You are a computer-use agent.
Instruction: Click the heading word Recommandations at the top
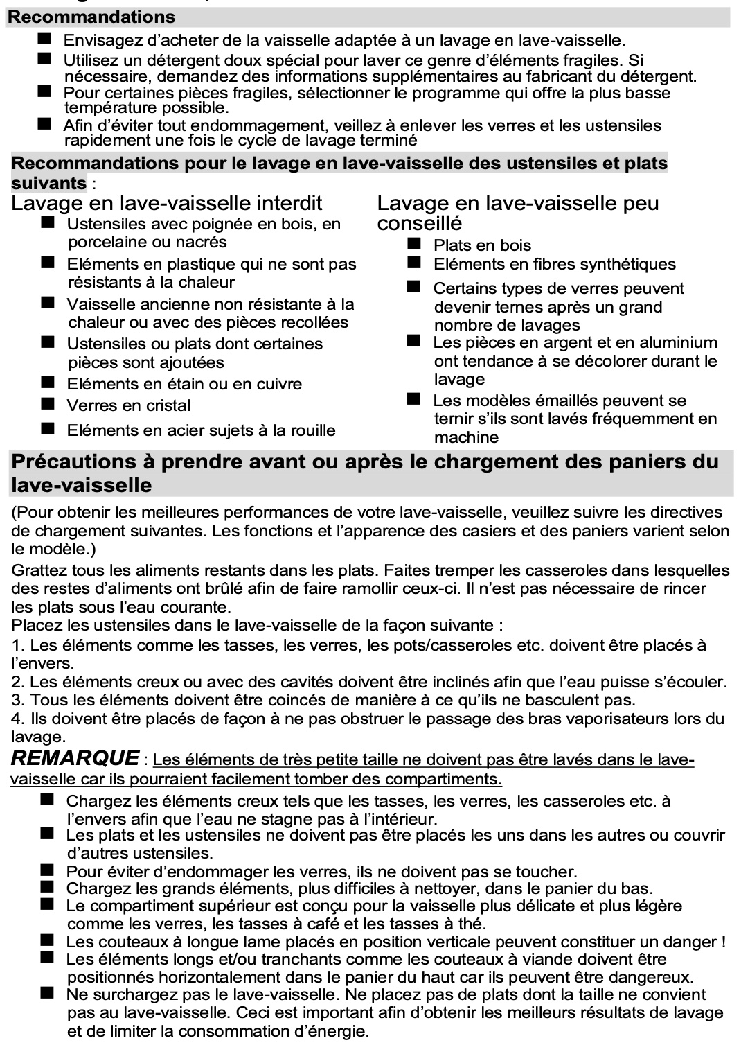pyautogui.click(x=91, y=17)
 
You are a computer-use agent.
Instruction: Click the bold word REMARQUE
pyautogui.click(x=75, y=758)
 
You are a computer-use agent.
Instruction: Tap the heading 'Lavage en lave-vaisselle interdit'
pyautogui.click(x=167, y=203)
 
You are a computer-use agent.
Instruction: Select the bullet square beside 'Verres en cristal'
pyautogui.click(x=47, y=403)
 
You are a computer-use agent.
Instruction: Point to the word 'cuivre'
pyautogui.click(x=278, y=384)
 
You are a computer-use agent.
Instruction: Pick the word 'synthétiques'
pyautogui.click(x=627, y=264)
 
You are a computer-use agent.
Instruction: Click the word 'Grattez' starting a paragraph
pyautogui.click(x=39, y=570)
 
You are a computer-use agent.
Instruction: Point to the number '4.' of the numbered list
pyautogui.click(x=19, y=719)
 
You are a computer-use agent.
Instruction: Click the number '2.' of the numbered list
pyautogui.click(x=19, y=682)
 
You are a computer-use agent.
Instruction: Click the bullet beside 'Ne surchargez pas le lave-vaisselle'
pyautogui.click(x=47, y=993)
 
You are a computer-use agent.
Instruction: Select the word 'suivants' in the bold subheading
pyautogui.click(x=48, y=183)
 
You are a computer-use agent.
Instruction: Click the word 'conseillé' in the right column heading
pyautogui.click(x=419, y=223)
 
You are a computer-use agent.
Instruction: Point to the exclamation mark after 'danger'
pyautogui.click(x=723, y=942)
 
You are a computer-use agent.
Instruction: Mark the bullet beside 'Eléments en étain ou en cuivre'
pyautogui.click(x=47, y=382)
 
